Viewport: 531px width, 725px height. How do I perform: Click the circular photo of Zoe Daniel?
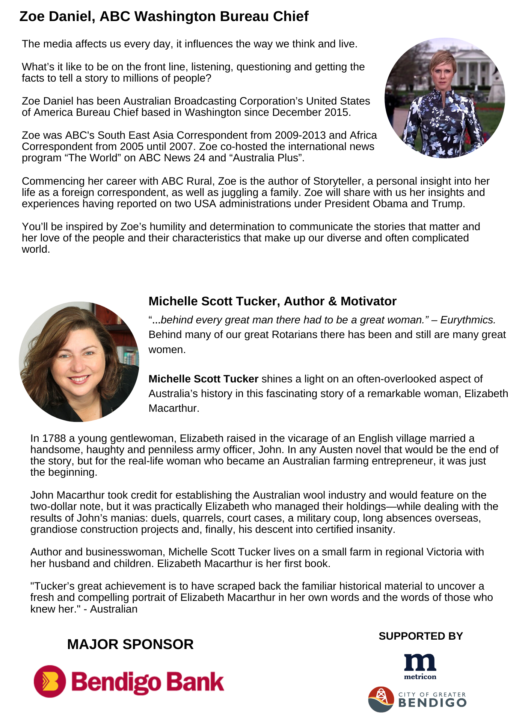[445, 98]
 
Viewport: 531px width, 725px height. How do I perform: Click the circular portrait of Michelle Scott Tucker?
[79, 361]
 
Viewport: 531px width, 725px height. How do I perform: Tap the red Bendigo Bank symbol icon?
[50, 681]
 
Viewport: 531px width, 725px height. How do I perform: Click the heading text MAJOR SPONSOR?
[130, 645]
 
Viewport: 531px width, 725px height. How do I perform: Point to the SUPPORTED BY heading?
[421, 636]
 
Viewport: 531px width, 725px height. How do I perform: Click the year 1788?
[54, 438]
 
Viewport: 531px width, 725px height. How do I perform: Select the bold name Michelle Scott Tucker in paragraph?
[203, 379]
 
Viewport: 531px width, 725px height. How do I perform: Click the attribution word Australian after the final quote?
[114, 609]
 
